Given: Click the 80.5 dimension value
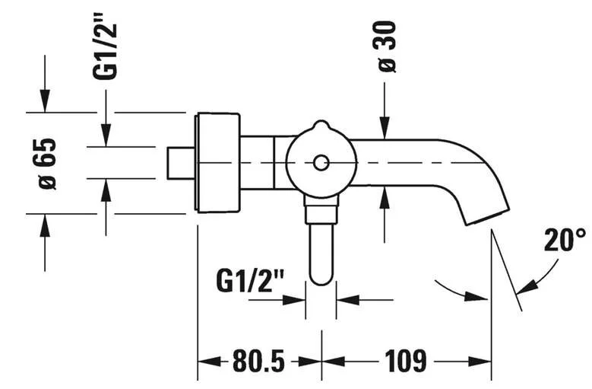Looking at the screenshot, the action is coord(258,361).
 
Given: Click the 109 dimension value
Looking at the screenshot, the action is coord(406,361).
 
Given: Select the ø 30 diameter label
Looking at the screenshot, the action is coord(385,46).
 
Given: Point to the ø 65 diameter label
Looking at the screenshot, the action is coord(45,164).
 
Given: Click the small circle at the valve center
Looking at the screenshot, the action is coord(321,163).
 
